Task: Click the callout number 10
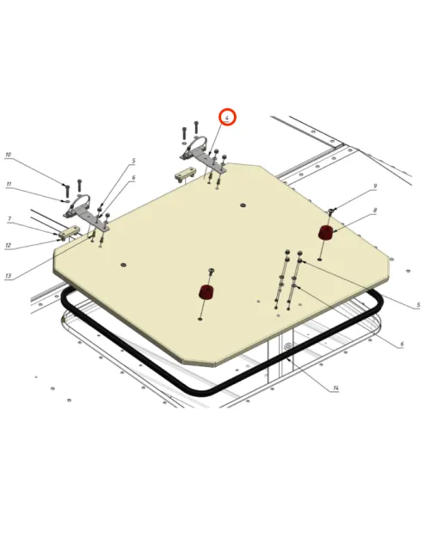(x=8, y=155)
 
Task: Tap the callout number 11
(x=9, y=185)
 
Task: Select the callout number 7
(x=9, y=219)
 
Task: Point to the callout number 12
(x=8, y=245)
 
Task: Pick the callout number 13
(x=8, y=276)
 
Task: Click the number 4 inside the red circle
(x=227, y=118)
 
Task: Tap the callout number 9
(x=375, y=186)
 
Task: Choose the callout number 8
(x=375, y=211)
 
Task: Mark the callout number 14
(x=336, y=388)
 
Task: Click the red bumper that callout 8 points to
(x=326, y=233)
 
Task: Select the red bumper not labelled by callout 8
(x=206, y=292)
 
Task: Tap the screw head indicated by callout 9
(x=331, y=211)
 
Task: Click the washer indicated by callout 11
(x=67, y=201)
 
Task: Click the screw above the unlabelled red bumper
(x=212, y=271)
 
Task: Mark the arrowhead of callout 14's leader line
(x=288, y=359)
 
